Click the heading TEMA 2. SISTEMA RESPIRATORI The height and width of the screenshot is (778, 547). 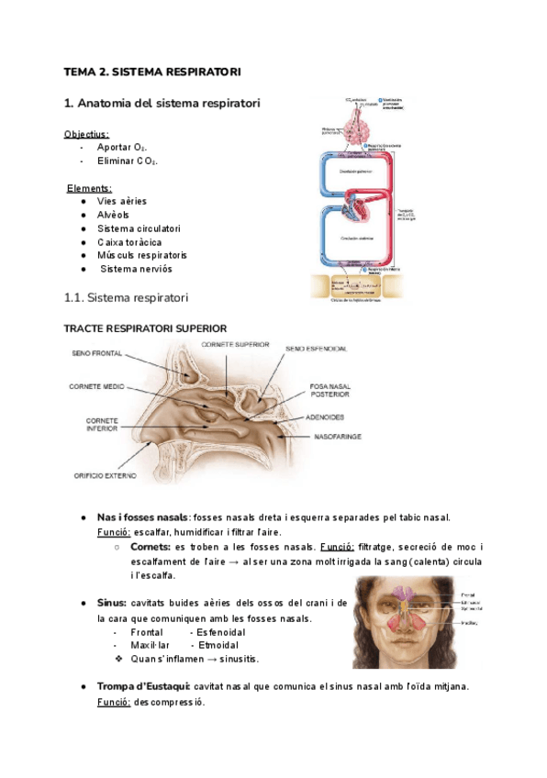tap(151, 72)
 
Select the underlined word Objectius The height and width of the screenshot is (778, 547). tap(86, 134)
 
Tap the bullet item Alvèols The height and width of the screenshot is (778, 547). tap(114, 215)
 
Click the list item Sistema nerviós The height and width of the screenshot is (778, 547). tap(136, 269)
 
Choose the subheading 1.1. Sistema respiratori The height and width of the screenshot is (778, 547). tap(126, 298)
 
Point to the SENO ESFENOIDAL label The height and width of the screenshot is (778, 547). tap(316, 350)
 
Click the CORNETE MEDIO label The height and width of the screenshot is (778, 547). tap(96, 387)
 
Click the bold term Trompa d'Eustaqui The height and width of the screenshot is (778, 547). tap(142, 686)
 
